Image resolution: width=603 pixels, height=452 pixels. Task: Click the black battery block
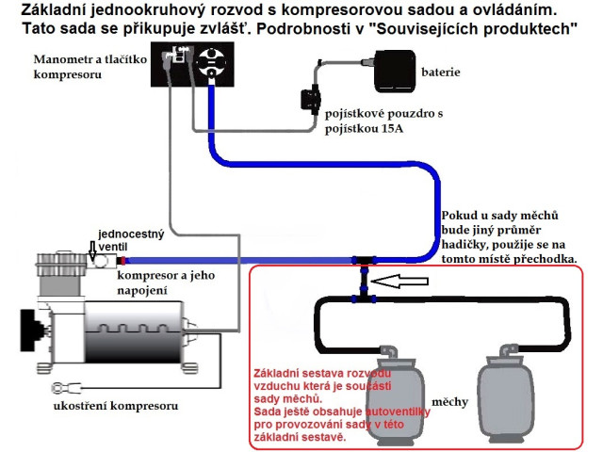point(395,72)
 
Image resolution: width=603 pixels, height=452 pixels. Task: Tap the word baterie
point(441,73)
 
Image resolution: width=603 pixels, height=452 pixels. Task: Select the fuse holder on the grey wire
point(311,101)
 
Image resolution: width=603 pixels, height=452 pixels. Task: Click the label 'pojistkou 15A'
point(364,128)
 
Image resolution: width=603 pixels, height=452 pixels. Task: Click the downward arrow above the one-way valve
point(92,251)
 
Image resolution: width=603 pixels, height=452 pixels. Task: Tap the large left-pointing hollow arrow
point(399,281)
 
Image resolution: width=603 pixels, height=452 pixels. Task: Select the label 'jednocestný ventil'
point(131,240)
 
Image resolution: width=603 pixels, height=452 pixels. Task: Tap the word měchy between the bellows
point(450,402)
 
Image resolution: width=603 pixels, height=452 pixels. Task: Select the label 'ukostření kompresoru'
point(116,406)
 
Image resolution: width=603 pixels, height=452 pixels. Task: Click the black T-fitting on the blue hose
point(364,261)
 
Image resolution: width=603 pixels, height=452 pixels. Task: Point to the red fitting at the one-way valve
point(122,261)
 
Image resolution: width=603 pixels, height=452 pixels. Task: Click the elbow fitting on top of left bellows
point(389,351)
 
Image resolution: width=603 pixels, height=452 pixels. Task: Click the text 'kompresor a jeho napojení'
point(166,282)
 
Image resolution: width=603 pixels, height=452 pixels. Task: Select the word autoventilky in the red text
point(398,412)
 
